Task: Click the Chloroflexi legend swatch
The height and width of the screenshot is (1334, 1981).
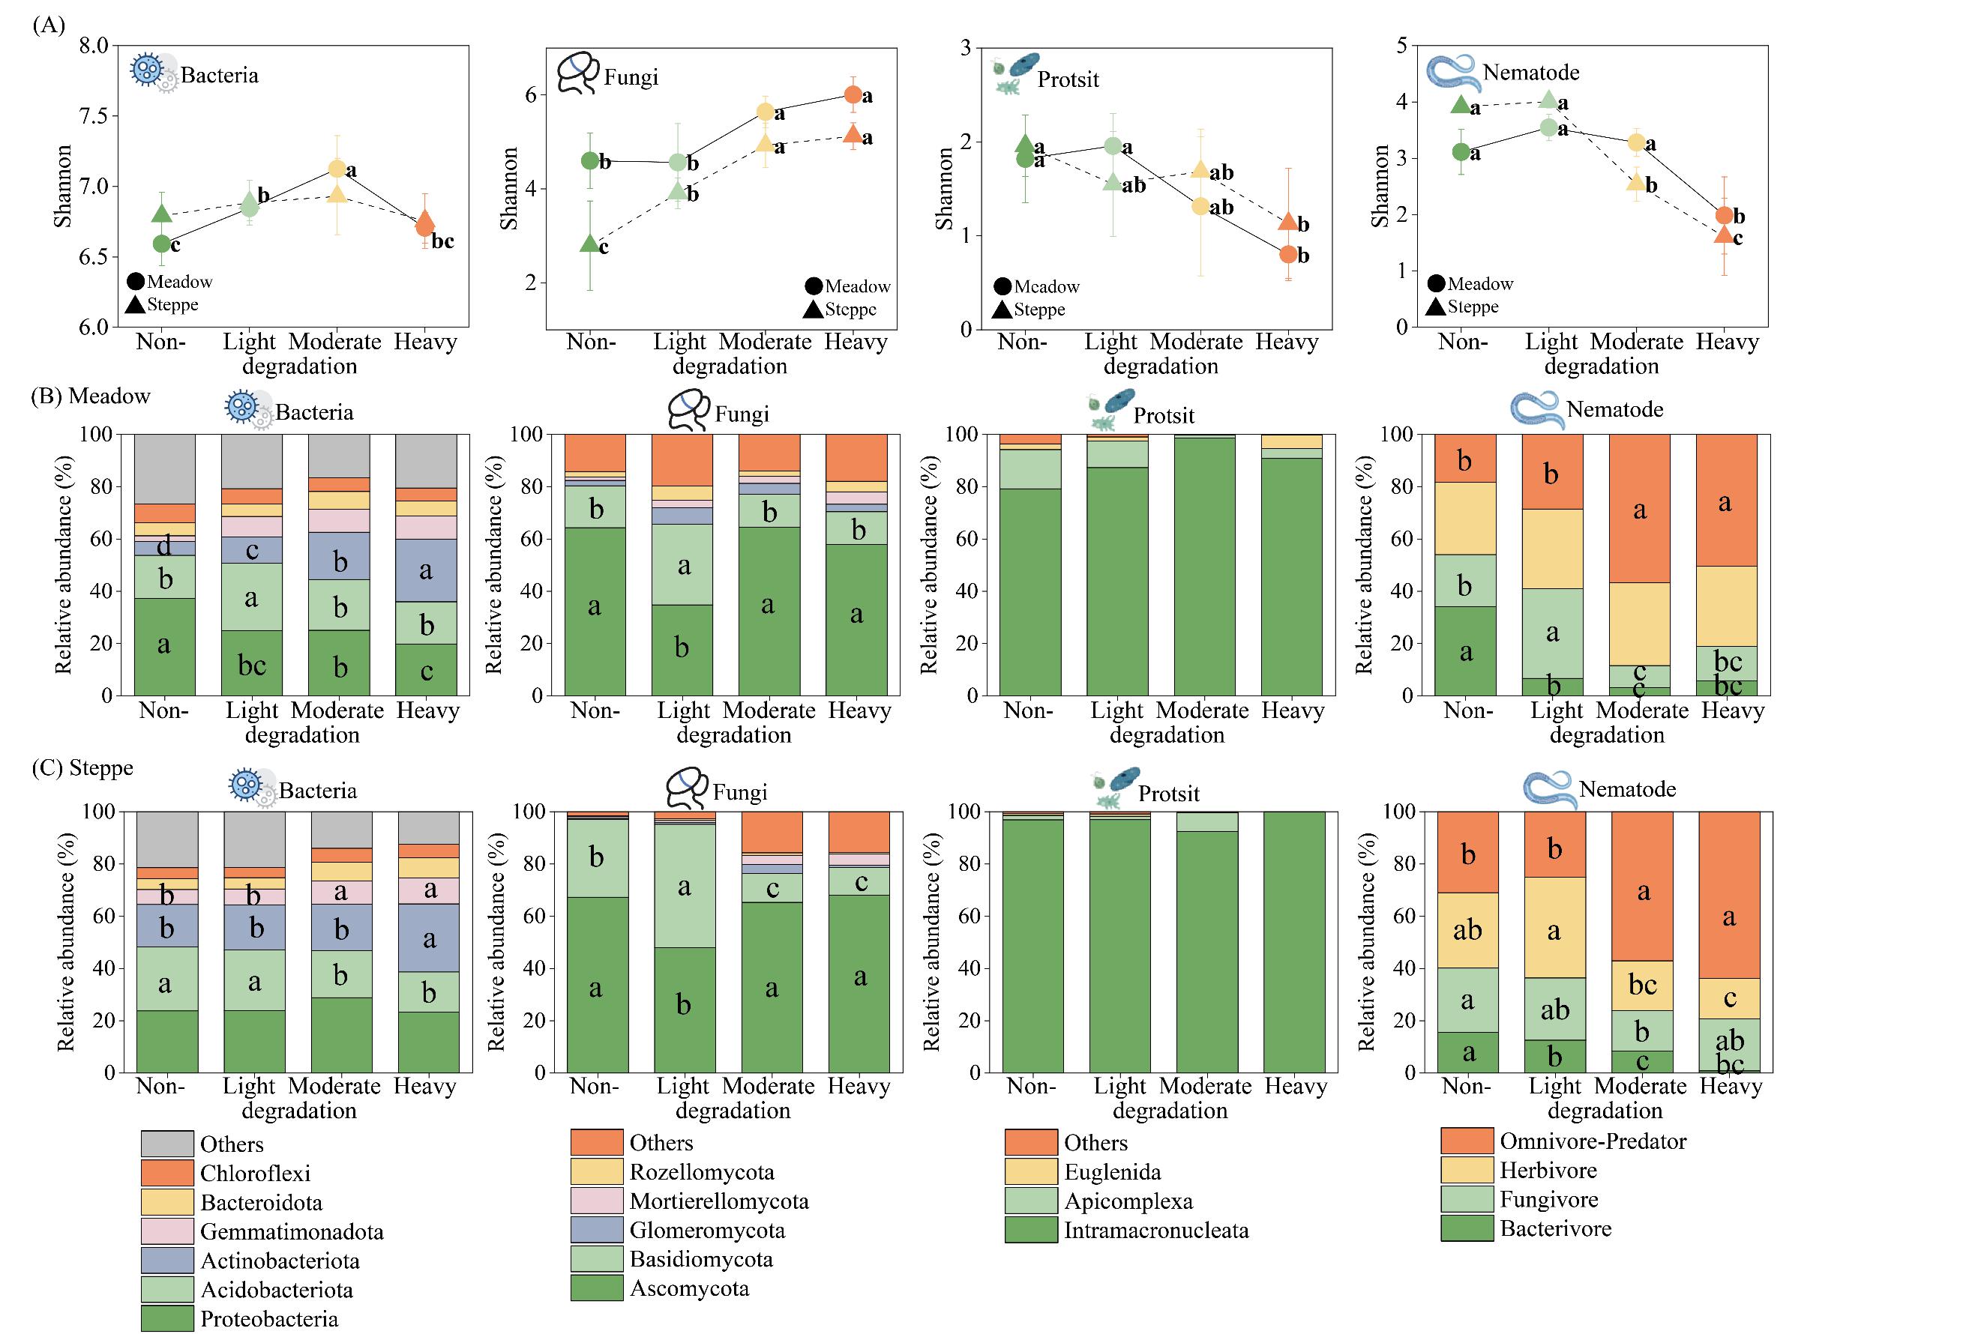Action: [x=166, y=1173]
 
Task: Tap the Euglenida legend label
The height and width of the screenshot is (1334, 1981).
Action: [x=1112, y=1171]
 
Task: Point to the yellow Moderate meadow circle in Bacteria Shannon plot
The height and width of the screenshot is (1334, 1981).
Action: [x=337, y=169]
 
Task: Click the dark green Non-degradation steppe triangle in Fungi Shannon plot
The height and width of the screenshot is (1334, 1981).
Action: [x=589, y=244]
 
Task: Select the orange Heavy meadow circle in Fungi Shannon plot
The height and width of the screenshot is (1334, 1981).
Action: [x=853, y=94]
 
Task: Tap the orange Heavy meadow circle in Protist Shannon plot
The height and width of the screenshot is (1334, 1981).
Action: [x=1287, y=254]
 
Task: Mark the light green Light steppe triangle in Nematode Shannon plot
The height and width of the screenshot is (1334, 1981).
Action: [x=1548, y=100]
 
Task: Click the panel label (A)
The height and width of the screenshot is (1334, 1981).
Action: [x=49, y=25]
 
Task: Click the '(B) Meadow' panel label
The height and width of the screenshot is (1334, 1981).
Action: [x=90, y=396]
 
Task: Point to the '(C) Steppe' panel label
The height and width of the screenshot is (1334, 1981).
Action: [x=82, y=767]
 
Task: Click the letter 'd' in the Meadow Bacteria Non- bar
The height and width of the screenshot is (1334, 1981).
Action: [x=164, y=545]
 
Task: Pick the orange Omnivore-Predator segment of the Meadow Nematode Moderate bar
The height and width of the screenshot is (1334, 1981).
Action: [x=1639, y=508]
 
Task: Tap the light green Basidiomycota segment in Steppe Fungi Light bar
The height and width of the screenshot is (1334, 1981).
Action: [x=684, y=886]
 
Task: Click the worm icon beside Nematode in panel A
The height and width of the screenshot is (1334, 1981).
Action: [x=1452, y=73]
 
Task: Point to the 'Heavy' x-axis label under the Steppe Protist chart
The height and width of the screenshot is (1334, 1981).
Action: [x=1295, y=1087]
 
